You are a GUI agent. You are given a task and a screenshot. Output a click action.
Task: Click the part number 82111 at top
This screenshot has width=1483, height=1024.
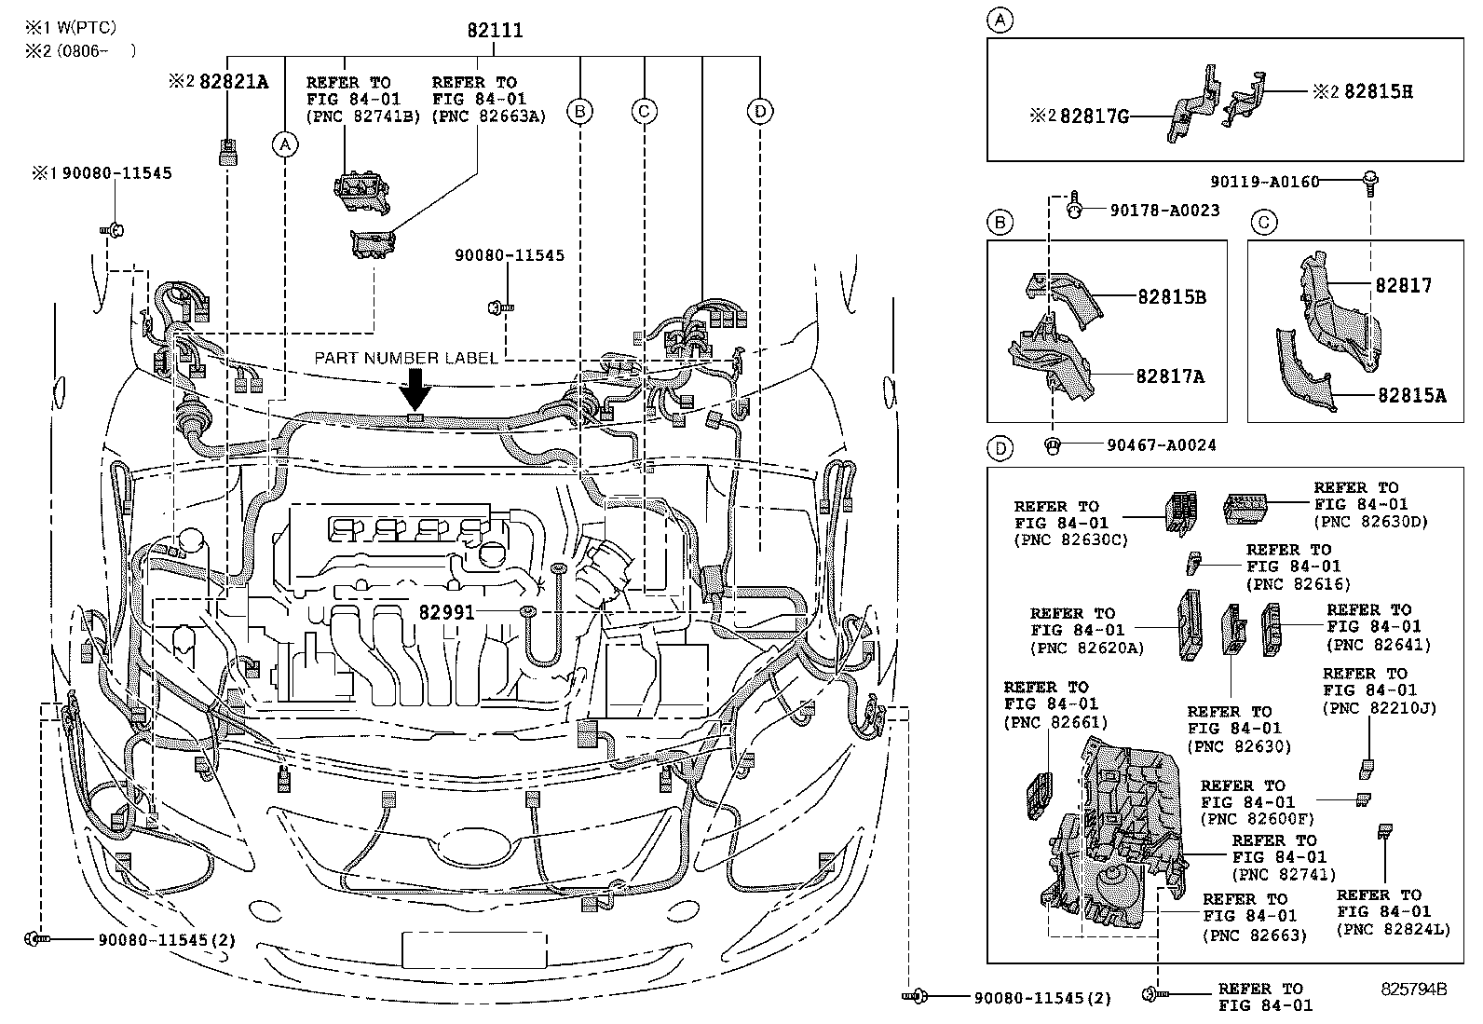click(495, 31)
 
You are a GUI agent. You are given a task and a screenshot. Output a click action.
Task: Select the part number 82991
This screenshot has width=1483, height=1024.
click(446, 612)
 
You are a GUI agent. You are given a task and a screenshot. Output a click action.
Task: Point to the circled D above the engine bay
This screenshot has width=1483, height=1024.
click(760, 112)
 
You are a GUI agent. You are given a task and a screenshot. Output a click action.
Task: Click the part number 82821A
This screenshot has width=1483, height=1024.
click(234, 82)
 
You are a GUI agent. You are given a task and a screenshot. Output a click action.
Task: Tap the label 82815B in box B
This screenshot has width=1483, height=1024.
click(1171, 297)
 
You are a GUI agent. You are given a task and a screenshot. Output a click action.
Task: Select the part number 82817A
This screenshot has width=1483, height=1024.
click(1170, 376)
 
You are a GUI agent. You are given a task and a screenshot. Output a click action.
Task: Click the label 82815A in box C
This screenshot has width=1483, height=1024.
click(1412, 395)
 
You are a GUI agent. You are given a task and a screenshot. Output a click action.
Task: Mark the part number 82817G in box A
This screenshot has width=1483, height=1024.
click(1094, 116)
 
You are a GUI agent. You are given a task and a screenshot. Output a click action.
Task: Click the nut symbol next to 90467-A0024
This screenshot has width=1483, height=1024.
click(1051, 445)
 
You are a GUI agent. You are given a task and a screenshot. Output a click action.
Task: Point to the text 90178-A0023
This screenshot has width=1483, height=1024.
click(1164, 211)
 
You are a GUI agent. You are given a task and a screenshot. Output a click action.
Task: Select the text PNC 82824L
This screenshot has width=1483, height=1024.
click(1394, 929)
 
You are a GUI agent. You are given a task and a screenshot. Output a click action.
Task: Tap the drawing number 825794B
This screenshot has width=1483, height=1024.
click(1413, 989)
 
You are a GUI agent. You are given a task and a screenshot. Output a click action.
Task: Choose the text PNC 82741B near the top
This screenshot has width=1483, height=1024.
click(363, 116)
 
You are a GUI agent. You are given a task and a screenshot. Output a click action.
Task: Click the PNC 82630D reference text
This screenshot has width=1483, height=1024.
click(1370, 522)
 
